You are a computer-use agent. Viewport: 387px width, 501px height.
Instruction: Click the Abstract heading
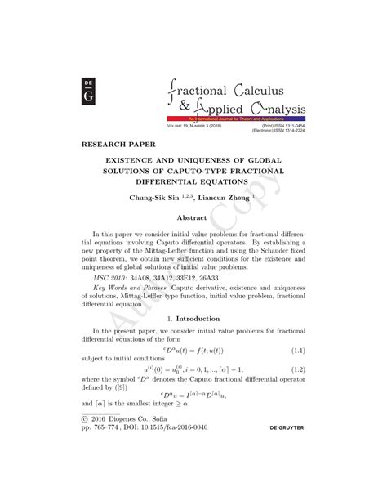[193, 218]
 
